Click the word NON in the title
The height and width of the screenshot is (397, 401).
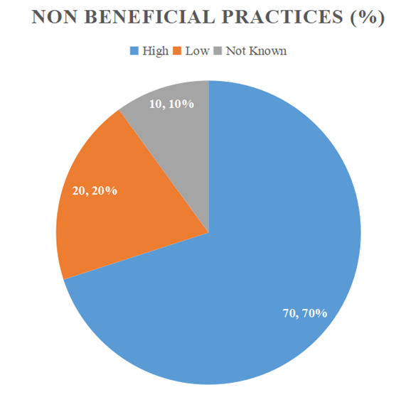(x=54, y=17)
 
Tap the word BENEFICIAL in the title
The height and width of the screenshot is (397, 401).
(x=149, y=17)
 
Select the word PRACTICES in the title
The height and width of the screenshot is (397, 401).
(x=282, y=17)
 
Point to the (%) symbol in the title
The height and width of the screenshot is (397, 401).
(x=368, y=17)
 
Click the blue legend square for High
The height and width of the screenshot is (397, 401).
(x=134, y=50)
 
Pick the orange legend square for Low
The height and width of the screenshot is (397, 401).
(x=177, y=50)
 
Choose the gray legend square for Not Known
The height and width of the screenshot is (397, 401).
(x=218, y=50)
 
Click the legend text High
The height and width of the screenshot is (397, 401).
(x=156, y=51)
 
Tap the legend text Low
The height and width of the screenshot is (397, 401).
(x=197, y=51)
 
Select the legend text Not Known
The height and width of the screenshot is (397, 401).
(x=256, y=51)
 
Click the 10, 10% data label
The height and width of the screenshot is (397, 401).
(x=171, y=104)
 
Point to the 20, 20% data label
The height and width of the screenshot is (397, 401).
(x=95, y=191)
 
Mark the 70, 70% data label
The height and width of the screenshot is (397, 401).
(x=305, y=313)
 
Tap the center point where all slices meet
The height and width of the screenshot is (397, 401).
(x=209, y=233)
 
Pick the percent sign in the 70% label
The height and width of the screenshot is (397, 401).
(x=321, y=313)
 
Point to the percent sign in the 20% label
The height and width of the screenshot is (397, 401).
(x=112, y=191)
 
